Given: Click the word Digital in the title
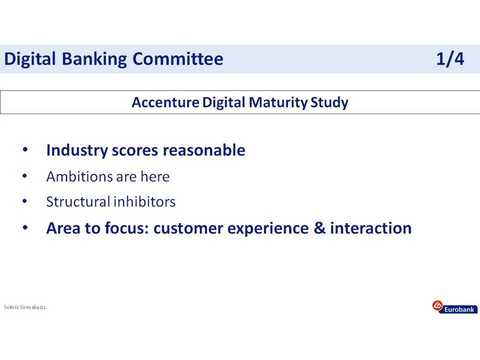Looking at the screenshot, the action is click(x=30, y=59).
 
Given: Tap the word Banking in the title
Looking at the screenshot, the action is click(x=94, y=59).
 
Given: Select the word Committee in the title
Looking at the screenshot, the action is click(x=178, y=58).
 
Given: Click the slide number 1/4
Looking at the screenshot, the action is click(x=450, y=59).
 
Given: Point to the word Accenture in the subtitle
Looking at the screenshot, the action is click(x=165, y=102).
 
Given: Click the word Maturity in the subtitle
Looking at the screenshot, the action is click(x=278, y=102).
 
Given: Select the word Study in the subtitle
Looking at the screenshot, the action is click(x=329, y=102).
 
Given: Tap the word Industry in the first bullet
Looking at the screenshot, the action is click(x=77, y=150).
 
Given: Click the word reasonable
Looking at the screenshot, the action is click(x=204, y=150).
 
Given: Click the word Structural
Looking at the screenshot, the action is click(x=78, y=201).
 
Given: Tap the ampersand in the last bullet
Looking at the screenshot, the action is click(x=319, y=228).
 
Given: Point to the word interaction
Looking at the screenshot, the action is click(x=370, y=228).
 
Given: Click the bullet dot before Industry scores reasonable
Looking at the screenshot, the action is click(x=25, y=150).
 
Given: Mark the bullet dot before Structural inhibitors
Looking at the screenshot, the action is click(x=25, y=201).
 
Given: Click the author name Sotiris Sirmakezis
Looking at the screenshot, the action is click(x=24, y=307).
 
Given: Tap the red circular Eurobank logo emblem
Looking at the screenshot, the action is click(x=437, y=305).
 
